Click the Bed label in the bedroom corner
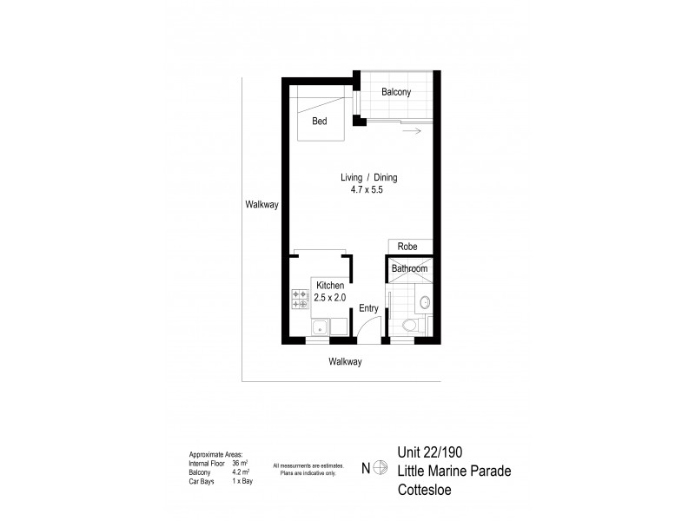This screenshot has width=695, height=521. [321, 122]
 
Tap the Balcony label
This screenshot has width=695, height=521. [396, 92]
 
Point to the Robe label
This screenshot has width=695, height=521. [408, 247]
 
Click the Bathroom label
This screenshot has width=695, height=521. [409, 269]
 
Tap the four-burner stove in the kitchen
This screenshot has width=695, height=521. [300, 300]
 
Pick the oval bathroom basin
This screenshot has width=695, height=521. [424, 302]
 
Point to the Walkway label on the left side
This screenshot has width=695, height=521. [261, 205]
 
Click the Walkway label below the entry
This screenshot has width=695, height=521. [344, 361]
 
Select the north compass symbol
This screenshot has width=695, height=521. [379, 469]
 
